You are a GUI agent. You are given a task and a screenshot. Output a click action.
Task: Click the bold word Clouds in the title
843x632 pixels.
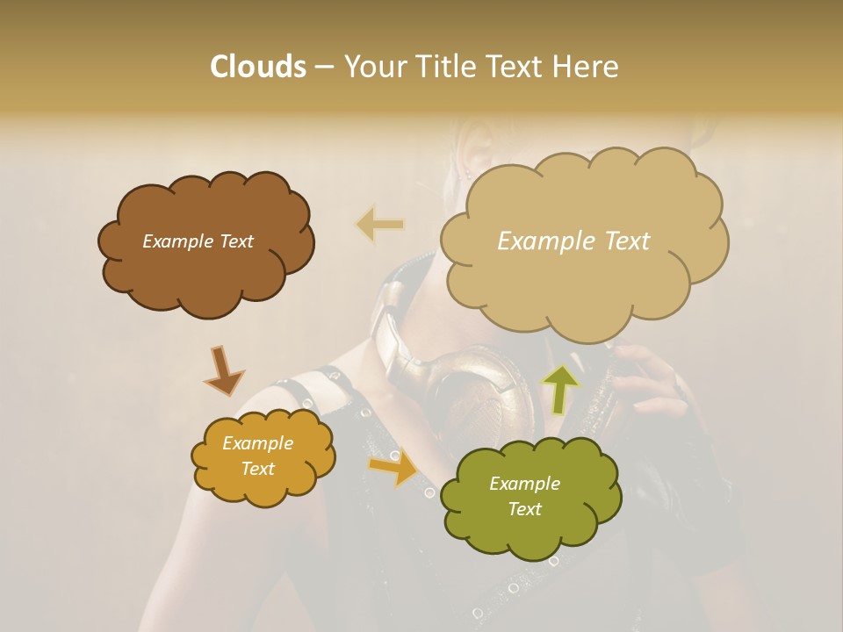coord(257,67)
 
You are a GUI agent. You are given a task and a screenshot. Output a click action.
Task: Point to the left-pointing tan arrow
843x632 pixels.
coord(379,225)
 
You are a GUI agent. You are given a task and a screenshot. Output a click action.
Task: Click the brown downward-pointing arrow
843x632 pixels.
coord(225,369)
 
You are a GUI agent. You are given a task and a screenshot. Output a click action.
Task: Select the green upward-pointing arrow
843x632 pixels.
coord(561,385)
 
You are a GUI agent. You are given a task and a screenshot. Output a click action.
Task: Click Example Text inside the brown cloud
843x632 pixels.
coord(198,241)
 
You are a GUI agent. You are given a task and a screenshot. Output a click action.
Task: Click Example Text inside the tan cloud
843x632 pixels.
coord(573,241)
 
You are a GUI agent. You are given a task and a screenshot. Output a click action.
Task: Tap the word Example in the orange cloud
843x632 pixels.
coord(257,443)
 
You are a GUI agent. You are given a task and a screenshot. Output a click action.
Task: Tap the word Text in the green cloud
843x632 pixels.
coord(524,509)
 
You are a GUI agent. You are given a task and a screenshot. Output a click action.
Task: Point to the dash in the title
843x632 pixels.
coord(323,68)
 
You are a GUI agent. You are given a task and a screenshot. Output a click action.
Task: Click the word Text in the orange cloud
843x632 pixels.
coord(257,469)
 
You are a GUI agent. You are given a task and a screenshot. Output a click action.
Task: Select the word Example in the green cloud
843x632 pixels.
coord(524,484)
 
